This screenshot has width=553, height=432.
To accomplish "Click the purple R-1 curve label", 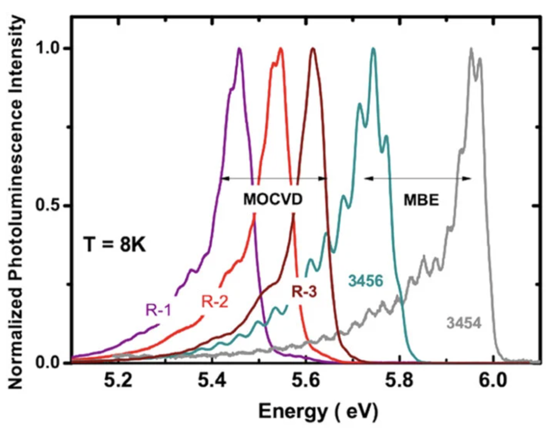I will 158,310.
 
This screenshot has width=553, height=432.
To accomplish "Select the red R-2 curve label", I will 215,301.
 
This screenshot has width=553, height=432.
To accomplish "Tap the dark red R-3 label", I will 304,292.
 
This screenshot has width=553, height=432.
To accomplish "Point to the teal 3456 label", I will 366,281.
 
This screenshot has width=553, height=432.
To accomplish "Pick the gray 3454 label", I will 464,323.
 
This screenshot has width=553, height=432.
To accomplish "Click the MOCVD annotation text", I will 273,199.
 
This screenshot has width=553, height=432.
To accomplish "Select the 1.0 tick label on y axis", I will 49,49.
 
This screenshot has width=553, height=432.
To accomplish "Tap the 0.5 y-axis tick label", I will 49,205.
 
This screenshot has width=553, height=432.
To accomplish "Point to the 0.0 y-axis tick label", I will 49,362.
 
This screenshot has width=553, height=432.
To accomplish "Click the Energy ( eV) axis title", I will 318,411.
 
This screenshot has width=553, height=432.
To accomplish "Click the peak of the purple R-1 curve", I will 239,49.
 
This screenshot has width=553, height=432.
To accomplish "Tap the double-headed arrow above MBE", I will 418,178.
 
